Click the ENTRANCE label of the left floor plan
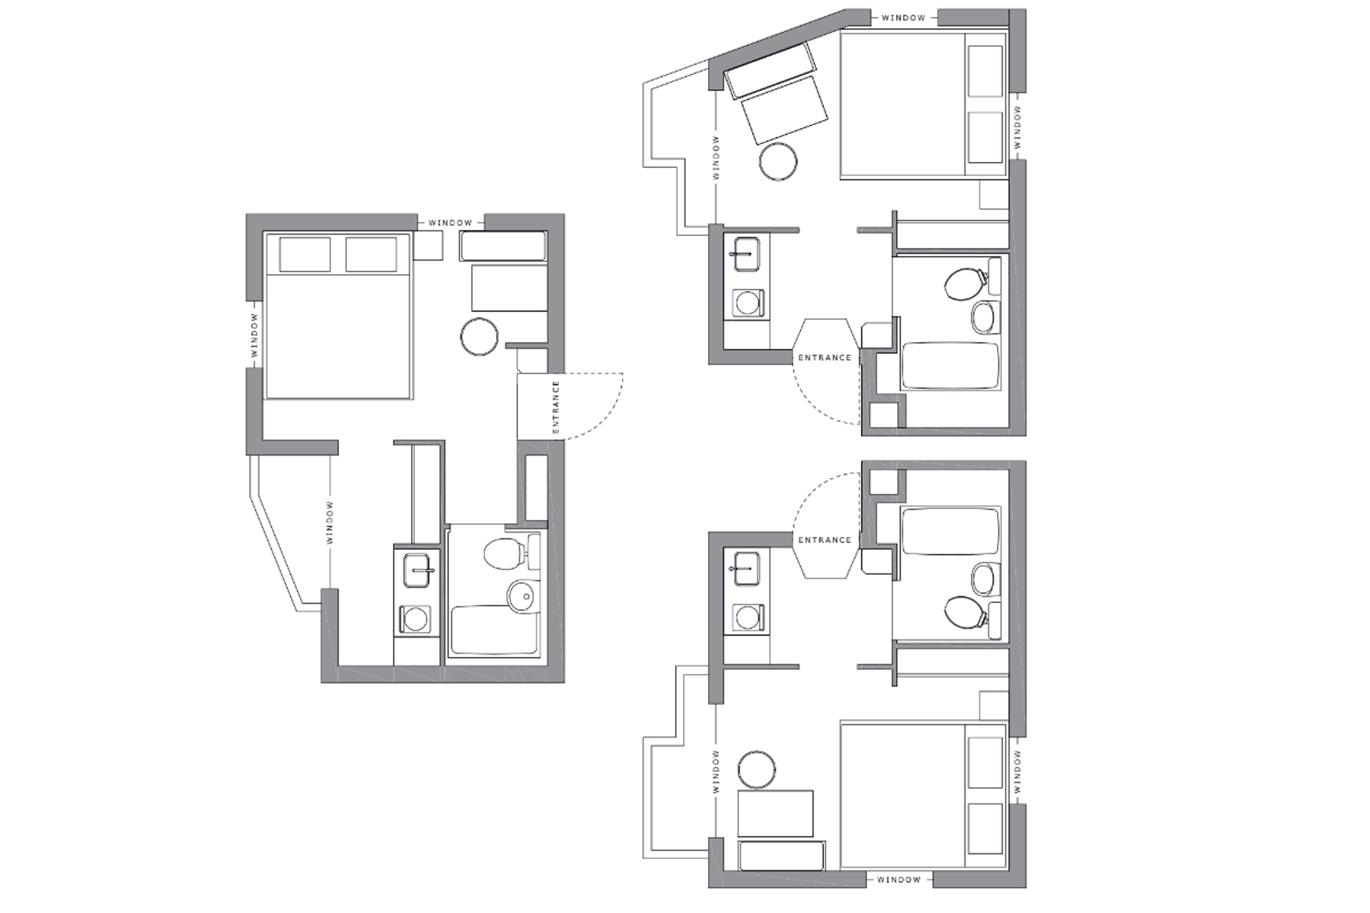556,407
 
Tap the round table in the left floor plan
479,337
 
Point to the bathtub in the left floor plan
494,631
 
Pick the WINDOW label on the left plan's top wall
450,223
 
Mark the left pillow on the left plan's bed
305,254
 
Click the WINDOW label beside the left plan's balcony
330,522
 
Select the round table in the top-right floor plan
778,161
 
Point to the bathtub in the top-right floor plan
950,366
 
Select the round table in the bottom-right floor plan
757,770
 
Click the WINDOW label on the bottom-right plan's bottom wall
899,879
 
